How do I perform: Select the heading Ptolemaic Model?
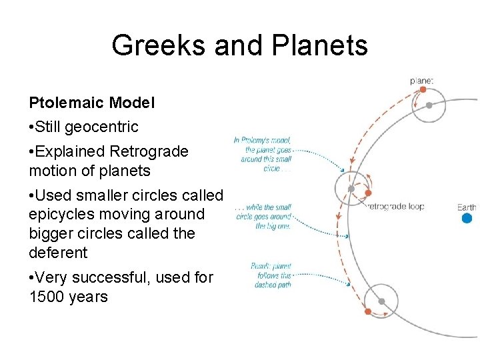91,103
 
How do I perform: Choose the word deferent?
58,253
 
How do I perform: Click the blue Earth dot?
467,218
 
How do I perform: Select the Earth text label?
467,207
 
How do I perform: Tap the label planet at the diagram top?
421,81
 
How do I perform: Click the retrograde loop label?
395,206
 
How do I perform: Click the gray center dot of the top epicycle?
429,105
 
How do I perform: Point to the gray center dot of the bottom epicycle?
381,301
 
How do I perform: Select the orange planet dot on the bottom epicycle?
367,311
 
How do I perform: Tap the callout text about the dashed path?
272,275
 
